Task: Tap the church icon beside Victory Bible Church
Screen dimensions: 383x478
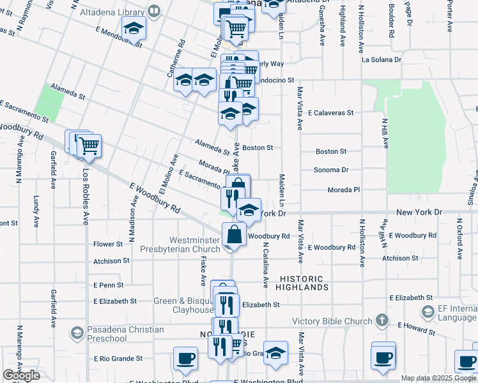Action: click(x=382, y=320)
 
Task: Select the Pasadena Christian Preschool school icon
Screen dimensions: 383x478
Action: click(x=77, y=333)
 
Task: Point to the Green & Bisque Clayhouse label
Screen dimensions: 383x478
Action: click(x=183, y=305)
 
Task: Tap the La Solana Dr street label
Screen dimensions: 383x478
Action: click(x=381, y=59)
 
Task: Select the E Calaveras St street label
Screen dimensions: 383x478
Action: click(x=330, y=112)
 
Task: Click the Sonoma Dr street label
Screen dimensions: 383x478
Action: click(x=331, y=170)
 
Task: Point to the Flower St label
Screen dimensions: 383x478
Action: click(x=107, y=244)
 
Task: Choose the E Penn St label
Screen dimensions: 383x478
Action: click(x=108, y=285)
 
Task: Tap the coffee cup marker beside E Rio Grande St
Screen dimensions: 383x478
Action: click(x=186, y=358)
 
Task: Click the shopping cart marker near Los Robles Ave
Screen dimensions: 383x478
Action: click(x=88, y=146)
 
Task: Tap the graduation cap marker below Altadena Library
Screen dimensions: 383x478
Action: click(x=134, y=27)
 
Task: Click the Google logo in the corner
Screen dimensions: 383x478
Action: click(x=21, y=375)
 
